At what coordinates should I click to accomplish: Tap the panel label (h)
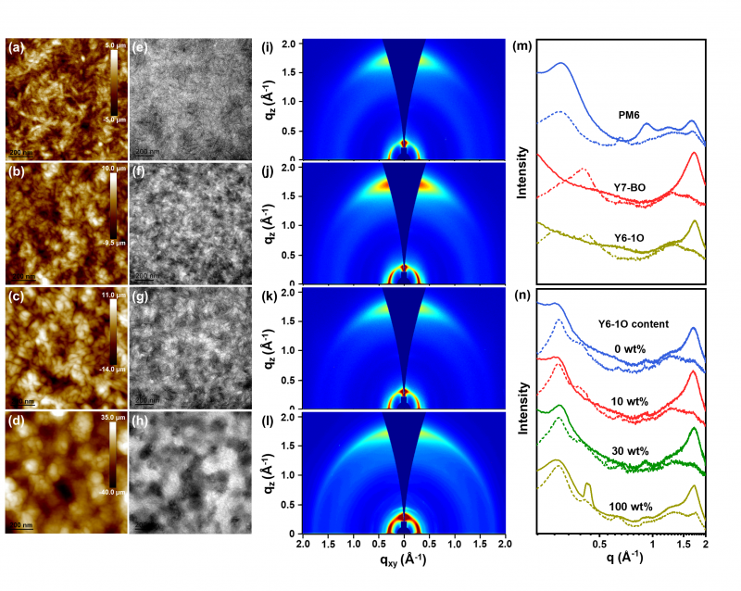(x=141, y=424)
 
